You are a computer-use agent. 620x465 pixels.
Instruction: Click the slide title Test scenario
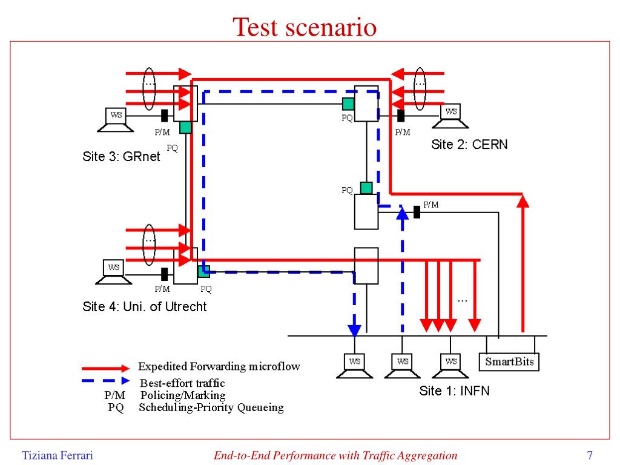(305, 27)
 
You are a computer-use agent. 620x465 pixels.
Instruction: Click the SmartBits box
(509, 362)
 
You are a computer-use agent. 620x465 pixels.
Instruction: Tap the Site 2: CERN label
(469, 144)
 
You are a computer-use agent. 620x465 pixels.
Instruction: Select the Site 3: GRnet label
(121, 157)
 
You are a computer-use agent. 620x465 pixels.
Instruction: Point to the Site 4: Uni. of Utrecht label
(144, 306)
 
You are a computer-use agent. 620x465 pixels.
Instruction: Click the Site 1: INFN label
(454, 391)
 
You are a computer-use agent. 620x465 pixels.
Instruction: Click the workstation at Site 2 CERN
(451, 116)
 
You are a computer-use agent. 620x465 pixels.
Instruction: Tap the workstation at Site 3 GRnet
(114, 119)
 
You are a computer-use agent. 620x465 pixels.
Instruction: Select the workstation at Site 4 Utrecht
(114, 271)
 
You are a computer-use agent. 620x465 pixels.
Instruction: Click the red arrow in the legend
(106, 368)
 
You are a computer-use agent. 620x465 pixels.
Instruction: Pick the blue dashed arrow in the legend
(106, 381)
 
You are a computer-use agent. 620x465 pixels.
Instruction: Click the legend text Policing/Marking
(183, 395)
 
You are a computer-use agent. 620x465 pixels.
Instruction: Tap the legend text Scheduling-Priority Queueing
(211, 407)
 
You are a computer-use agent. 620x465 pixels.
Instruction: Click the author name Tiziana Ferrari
(58, 455)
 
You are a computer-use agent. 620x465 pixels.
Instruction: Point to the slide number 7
(589, 455)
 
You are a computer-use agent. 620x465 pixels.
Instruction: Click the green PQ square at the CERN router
(348, 104)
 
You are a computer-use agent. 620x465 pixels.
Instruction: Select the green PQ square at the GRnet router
(185, 127)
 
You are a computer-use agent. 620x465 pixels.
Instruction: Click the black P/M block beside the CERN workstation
(401, 115)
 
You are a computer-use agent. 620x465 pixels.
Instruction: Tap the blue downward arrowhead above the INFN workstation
(354, 330)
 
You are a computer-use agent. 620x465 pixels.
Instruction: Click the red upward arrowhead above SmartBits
(523, 200)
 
